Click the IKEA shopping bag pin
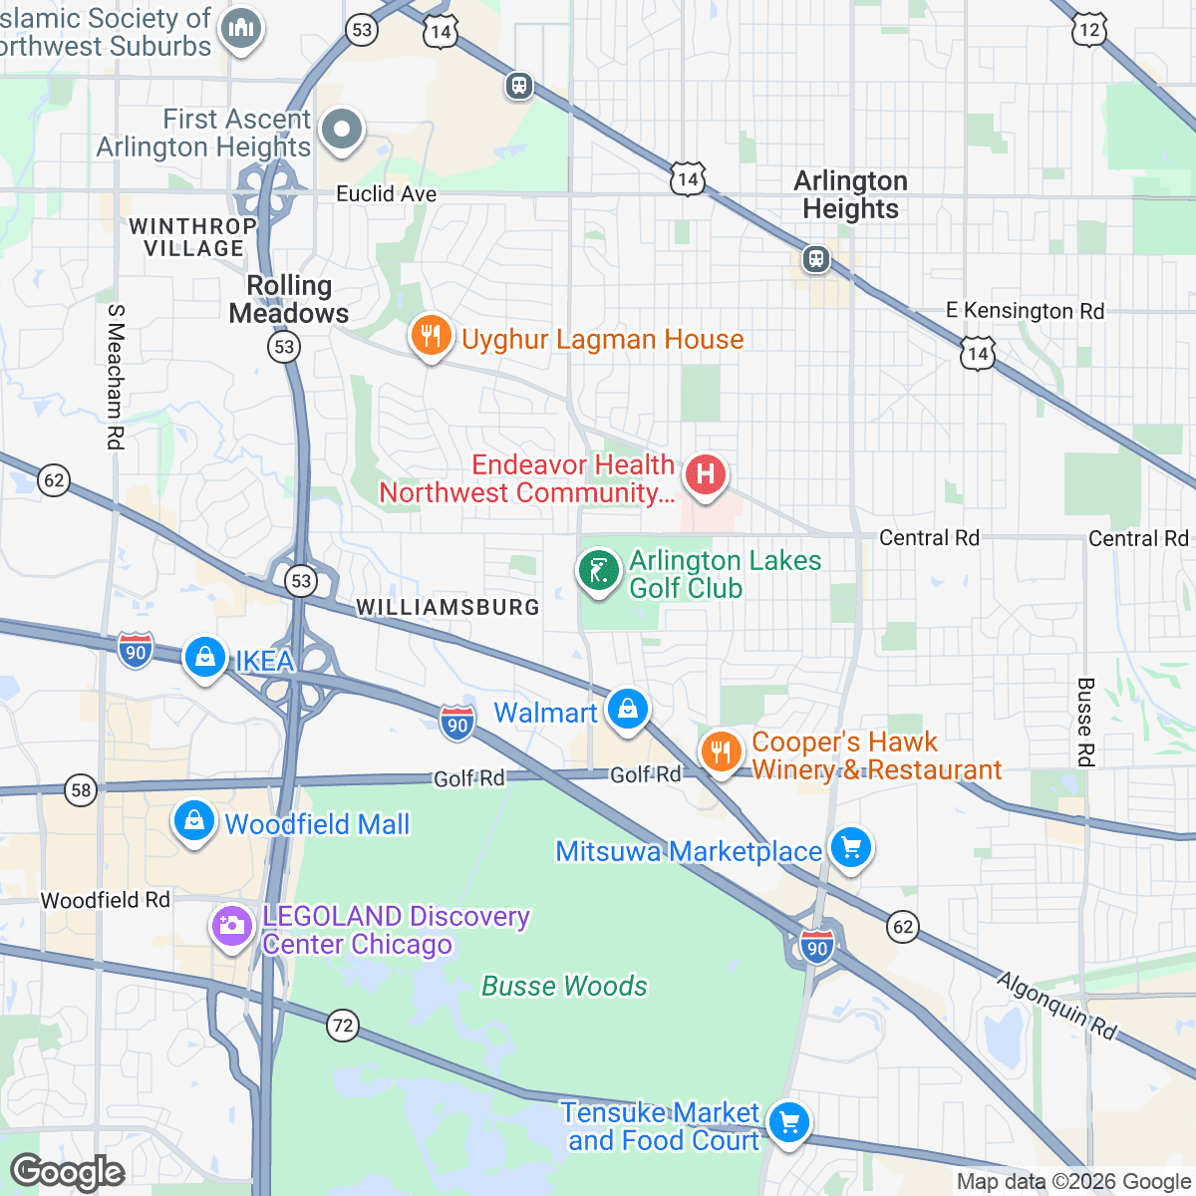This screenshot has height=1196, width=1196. (205, 658)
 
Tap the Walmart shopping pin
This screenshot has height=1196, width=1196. (627, 711)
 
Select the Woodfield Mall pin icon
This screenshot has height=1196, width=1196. (193, 822)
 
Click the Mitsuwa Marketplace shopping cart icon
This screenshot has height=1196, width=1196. (850, 849)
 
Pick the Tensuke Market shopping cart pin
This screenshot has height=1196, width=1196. (788, 1124)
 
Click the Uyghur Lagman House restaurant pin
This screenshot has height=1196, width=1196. (431, 337)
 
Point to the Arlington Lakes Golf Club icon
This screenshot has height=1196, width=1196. (598, 572)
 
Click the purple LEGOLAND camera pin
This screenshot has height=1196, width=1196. (231, 927)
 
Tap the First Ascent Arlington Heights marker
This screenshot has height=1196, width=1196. (342, 130)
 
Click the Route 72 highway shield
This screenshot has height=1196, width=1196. (343, 1025)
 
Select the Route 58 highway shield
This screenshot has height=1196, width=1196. (81, 791)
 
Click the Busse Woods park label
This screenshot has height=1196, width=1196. (564, 986)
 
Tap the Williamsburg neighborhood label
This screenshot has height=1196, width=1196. (448, 607)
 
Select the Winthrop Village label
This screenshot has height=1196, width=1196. (192, 237)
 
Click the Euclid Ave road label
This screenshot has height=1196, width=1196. (386, 193)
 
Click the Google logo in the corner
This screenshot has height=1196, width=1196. (68, 1172)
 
